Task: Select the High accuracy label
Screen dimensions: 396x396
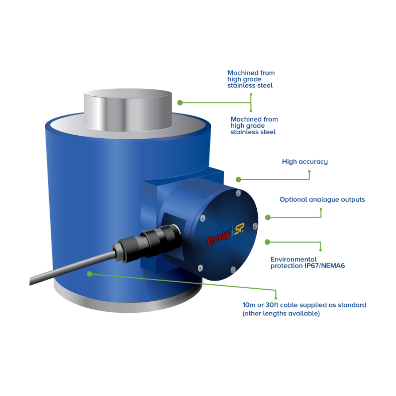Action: tap(305, 162)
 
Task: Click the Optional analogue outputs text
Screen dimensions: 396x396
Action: tap(322, 200)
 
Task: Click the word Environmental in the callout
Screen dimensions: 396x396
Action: tap(293, 259)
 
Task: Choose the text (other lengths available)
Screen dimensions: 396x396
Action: tap(281, 314)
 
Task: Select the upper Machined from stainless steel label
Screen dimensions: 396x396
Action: tap(251, 79)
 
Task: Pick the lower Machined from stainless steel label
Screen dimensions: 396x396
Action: tap(254, 125)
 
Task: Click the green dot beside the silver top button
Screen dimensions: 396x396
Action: tap(180, 103)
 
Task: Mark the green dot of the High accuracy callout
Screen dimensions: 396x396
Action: tap(238, 180)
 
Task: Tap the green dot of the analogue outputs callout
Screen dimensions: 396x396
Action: tap(268, 217)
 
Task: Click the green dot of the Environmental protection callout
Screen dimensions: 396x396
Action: tap(267, 242)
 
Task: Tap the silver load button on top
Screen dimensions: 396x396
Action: tap(128, 110)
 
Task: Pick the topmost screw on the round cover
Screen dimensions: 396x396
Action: tap(238, 192)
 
